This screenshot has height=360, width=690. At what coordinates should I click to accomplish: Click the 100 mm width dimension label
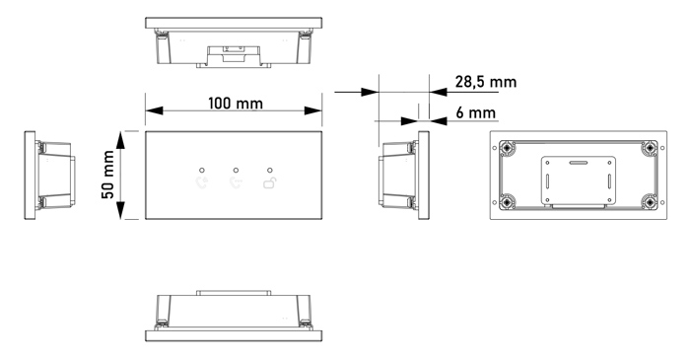point(236,104)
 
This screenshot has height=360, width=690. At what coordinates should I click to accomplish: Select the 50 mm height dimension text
point(107,175)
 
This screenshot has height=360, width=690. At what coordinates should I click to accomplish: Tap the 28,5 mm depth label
point(486,82)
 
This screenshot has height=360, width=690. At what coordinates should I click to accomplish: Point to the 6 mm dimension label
point(476,112)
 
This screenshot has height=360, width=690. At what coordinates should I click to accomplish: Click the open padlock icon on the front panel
point(270,182)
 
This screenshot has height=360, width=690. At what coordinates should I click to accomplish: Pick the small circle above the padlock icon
point(270,170)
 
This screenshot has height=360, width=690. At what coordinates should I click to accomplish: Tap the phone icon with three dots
point(236,182)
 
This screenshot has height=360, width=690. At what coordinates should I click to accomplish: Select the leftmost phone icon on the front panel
point(202,182)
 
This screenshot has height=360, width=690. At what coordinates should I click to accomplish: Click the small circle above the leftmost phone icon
point(202,170)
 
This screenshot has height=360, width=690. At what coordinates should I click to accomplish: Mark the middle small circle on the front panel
point(236,170)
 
